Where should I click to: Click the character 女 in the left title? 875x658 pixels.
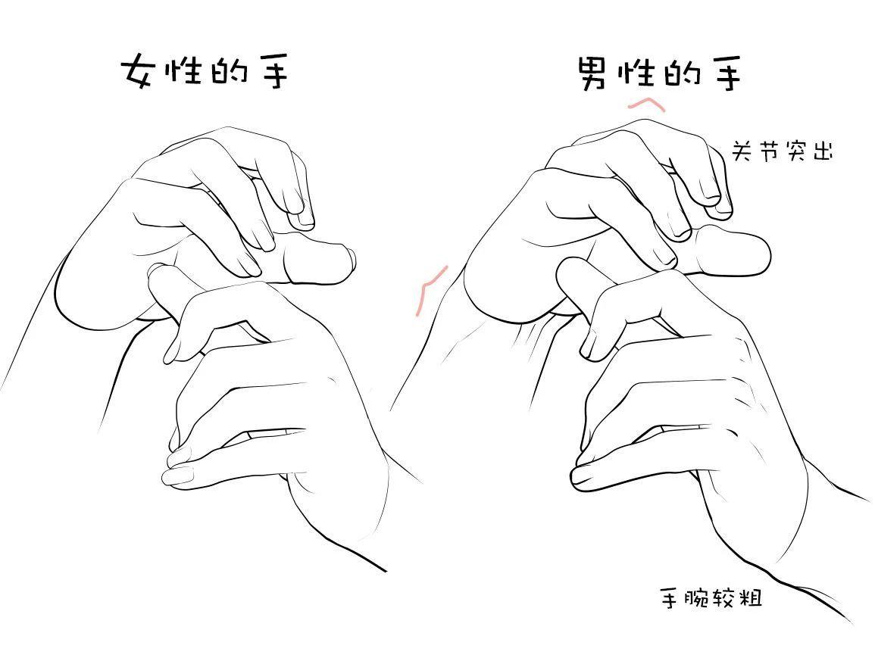click(137, 71)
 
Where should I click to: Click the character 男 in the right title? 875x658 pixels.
click(592, 73)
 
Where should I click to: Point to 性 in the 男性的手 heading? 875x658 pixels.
click(636, 70)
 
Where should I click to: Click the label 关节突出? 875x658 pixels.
click(782, 150)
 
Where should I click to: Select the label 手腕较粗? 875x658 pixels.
click(711, 597)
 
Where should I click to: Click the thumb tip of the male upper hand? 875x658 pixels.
click(764, 255)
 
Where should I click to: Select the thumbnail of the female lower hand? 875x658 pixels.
click(177, 476)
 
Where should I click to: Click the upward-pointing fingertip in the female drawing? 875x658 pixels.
click(158, 272)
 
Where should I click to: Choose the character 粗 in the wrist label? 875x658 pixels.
click(751, 597)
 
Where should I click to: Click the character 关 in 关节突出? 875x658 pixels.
click(742, 150)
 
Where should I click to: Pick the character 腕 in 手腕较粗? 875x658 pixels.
click(698, 597)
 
